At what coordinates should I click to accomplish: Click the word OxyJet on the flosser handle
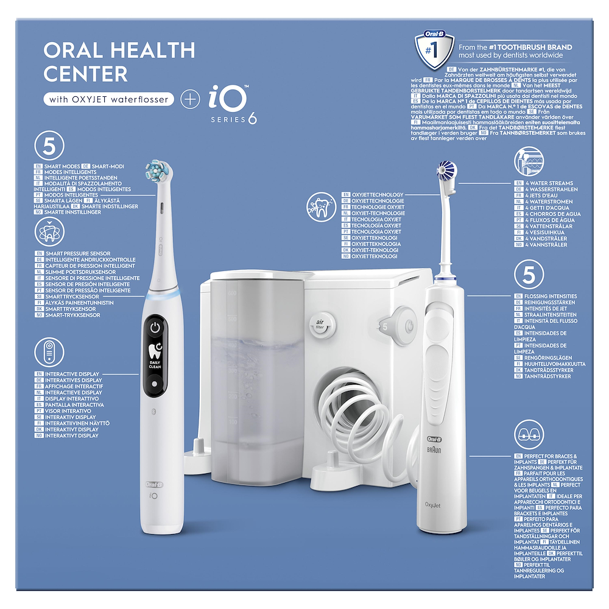point(434,504)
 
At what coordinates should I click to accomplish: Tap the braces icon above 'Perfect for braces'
point(526,434)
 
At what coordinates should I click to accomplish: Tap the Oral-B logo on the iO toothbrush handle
point(154,484)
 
